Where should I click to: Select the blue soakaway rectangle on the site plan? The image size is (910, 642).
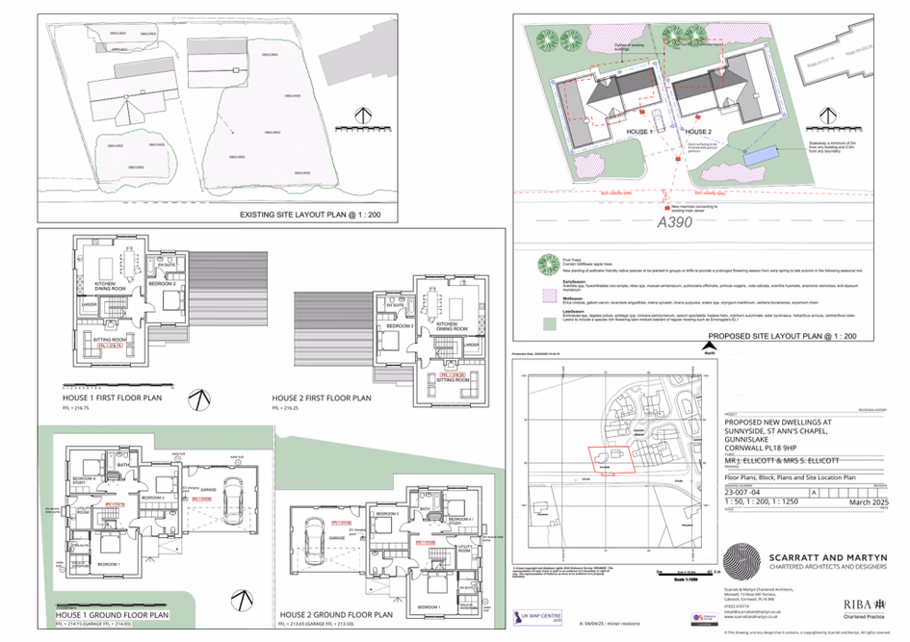coord(761,155)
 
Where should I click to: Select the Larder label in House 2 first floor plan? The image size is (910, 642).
coord(472,344)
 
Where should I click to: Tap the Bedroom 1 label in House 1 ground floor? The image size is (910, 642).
coord(108,563)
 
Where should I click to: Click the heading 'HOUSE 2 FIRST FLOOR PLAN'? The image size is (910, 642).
coord(321,398)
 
